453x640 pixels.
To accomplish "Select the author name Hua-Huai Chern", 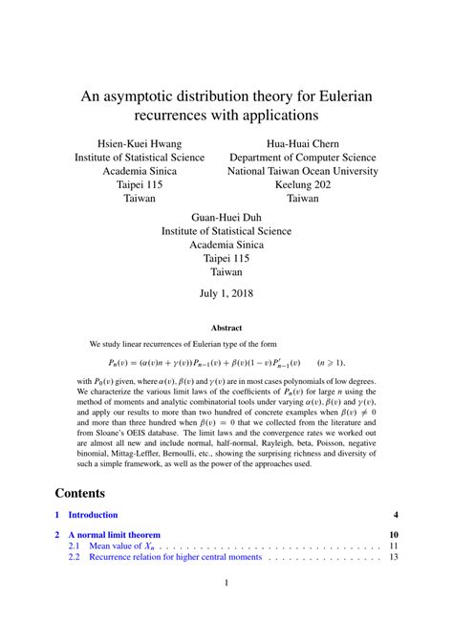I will [x=303, y=141].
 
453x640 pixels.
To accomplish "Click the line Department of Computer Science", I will [x=303, y=157].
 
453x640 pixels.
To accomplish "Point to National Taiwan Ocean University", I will [x=303, y=171].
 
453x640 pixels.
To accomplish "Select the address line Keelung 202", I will [x=303, y=185].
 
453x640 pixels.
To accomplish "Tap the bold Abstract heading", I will [x=226, y=327].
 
